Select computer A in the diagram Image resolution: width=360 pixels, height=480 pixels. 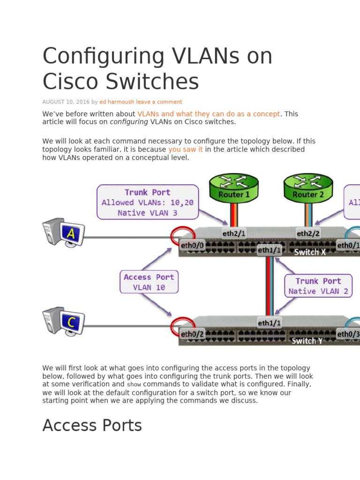[x=64, y=232]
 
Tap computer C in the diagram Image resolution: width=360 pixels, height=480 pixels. [x=64, y=321]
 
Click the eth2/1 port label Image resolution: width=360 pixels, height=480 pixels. [x=233, y=233]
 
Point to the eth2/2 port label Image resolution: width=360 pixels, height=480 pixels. [x=308, y=233]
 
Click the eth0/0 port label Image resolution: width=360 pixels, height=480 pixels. [x=192, y=245]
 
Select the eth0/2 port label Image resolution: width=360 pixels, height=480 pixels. [x=192, y=334]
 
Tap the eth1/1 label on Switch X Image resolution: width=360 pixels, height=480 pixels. [x=269, y=250]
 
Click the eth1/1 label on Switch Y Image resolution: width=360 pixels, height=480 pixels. [x=269, y=322]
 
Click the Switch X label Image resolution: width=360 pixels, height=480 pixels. [x=310, y=252]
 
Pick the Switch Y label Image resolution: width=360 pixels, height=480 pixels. [x=307, y=341]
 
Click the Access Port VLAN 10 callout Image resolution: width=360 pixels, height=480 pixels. [x=149, y=282]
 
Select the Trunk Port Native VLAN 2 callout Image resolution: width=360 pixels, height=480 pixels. [x=318, y=286]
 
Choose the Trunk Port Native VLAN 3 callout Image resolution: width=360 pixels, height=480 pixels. [x=148, y=202]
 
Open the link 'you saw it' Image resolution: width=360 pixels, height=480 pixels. [x=186, y=150]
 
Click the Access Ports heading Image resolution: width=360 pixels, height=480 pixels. [x=92, y=426]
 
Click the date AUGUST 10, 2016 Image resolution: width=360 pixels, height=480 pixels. [x=66, y=102]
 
